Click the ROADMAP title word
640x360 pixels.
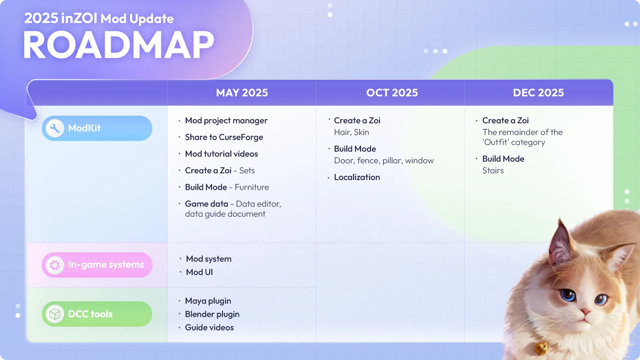click(x=118, y=45)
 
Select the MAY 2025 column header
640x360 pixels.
click(x=242, y=93)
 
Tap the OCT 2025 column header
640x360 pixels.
click(x=392, y=93)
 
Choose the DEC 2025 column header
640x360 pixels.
click(x=538, y=93)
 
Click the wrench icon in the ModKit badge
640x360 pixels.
click(x=55, y=128)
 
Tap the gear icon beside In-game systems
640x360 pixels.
click(x=55, y=265)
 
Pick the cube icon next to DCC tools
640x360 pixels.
click(x=55, y=314)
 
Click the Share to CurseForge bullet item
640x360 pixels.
click(x=224, y=137)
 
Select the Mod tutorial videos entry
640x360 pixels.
click(x=221, y=154)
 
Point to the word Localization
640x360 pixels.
click(x=357, y=177)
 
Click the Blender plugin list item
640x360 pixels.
click(x=212, y=314)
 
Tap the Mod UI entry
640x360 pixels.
click(x=199, y=272)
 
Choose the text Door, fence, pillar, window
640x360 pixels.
click(x=384, y=161)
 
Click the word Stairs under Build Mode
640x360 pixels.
click(x=493, y=171)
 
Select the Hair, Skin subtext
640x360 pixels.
click(x=351, y=132)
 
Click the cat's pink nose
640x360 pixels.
click(x=585, y=312)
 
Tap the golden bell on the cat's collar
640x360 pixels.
click(x=541, y=348)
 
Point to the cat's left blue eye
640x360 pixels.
click(x=568, y=295)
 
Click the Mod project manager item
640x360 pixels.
click(x=226, y=121)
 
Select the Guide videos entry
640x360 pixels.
click(x=209, y=328)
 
